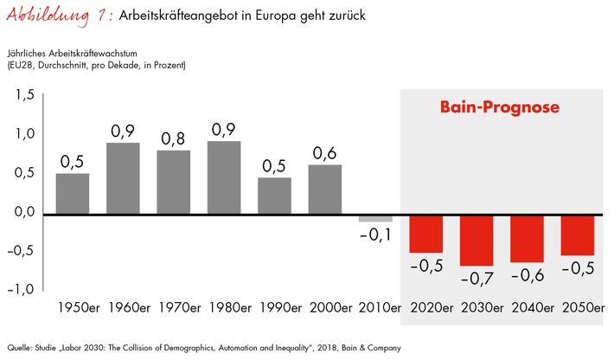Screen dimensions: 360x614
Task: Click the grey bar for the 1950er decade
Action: point(73,194)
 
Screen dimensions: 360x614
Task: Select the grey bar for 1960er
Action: point(123,178)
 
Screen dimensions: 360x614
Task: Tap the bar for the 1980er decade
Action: point(224,177)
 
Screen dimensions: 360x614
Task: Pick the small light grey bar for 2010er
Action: point(375,218)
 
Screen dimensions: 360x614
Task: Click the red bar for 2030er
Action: point(476,240)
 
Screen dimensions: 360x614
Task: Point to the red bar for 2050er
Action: point(577,235)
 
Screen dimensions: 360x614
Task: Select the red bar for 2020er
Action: point(425,234)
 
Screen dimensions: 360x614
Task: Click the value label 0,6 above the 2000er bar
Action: point(324,152)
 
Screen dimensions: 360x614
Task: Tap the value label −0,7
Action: point(476,279)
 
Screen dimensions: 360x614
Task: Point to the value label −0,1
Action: point(375,235)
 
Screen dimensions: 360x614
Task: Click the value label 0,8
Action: point(173,138)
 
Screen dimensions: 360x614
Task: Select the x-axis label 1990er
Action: point(274,307)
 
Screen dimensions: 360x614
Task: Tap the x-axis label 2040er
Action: point(527,307)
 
